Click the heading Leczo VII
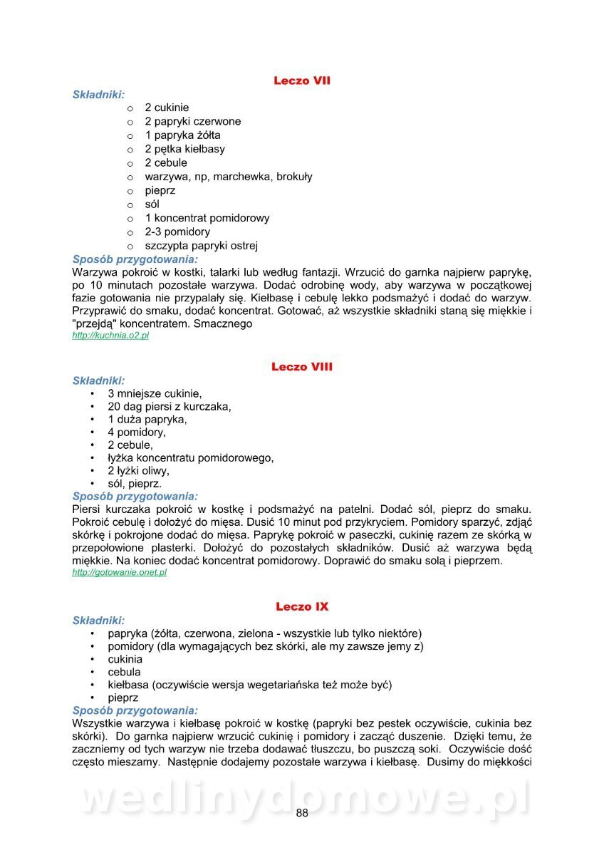pyautogui.click(x=302, y=81)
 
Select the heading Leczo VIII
pyautogui.click(x=302, y=367)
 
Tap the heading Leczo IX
pyautogui.click(x=302, y=606)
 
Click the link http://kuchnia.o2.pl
pyautogui.click(x=110, y=336)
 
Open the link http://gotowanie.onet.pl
pyautogui.click(x=120, y=572)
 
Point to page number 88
pyautogui.click(x=302, y=814)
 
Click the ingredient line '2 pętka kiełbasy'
pyautogui.click(x=184, y=149)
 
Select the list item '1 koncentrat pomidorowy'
pyautogui.click(x=207, y=218)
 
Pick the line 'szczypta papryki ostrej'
pyautogui.click(x=201, y=246)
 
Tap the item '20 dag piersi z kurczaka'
pyautogui.click(x=170, y=406)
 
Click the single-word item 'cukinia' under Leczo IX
pyautogui.click(x=125, y=659)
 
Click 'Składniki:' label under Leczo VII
pyautogui.click(x=99, y=94)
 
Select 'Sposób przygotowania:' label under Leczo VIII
pyautogui.click(x=135, y=496)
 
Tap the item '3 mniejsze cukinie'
pyautogui.click(x=155, y=393)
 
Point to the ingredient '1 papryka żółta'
pyautogui.click(x=182, y=135)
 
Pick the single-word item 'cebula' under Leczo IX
pyautogui.click(x=124, y=672)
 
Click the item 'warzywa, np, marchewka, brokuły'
pyautogui.click(x=228, y=177)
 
